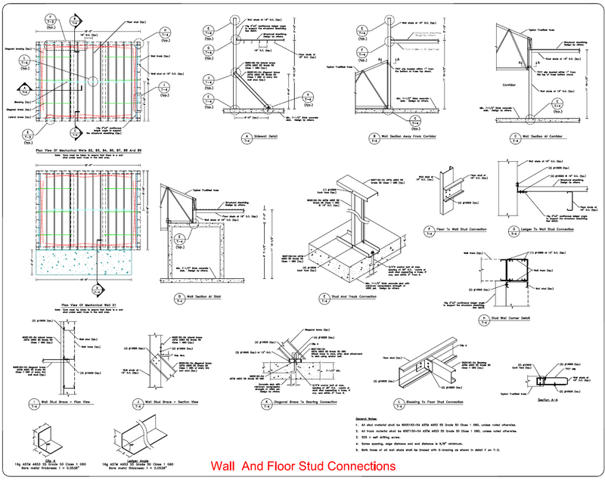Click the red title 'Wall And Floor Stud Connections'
point(302,466)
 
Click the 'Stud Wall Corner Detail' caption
point(534,318)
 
